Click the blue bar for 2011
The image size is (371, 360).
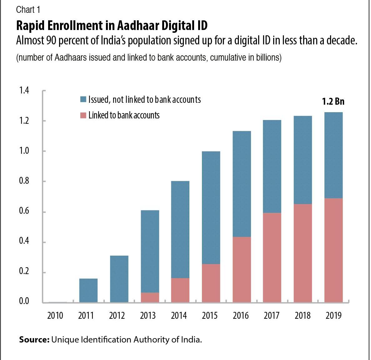coord(88,290)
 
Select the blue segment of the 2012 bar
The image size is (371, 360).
coord(119,279)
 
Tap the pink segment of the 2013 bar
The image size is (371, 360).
coord(150,297)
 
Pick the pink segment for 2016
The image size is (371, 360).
coord(242,269)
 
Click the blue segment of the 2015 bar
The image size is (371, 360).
coord(211,207)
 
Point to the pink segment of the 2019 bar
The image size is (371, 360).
coord(333,250)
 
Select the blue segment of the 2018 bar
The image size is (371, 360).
coord(303,160)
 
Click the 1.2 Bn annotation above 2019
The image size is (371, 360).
coord(333,102)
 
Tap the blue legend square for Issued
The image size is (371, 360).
coord(83,100)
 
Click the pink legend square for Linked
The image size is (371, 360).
coord(83,115)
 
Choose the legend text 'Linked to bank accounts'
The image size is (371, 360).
coord(124,115)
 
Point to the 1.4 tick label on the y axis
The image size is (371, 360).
coord(24,91)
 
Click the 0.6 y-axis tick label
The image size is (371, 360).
coord(24,212)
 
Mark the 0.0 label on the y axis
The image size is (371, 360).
coord(24,301)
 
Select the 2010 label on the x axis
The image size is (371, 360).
coord(55,316)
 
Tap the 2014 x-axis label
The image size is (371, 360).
coord(179,316)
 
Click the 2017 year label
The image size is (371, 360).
coord(271,316)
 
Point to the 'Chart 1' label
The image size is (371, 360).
coord(28,10)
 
